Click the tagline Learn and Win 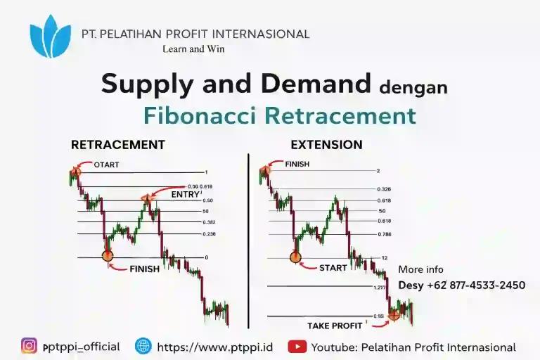point(193,49)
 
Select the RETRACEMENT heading point(118,145)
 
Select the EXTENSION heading point(326,145)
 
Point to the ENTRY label point(186,193)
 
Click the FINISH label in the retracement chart point(144,268)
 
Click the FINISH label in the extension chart point(297,164)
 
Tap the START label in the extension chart point(333,268)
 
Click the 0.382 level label point(209,221)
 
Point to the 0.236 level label point(209,233)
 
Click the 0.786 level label point(383,233)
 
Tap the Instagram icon point(29,346)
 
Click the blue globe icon point(143,346)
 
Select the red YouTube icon point(297,347)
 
